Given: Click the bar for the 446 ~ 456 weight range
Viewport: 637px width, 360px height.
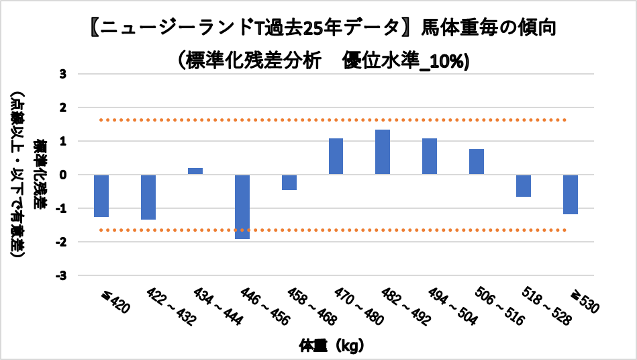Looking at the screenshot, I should (242, 207).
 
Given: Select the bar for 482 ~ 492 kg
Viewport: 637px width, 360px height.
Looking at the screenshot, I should (383, 152).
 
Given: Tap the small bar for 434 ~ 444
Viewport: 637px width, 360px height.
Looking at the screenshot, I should (195, 171).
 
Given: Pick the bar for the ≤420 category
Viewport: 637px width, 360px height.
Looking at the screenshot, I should (101, 195).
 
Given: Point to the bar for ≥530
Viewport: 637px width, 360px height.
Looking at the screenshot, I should (571, 194).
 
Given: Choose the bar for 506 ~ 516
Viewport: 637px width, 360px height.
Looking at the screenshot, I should (477, 162).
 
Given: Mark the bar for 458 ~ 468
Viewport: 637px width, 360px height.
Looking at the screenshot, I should (289, 182).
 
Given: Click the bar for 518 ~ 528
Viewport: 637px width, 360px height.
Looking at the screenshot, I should (524, 185).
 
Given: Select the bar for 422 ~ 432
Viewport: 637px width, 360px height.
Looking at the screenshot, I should (148, 197).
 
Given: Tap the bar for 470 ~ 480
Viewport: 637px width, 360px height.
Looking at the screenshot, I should (336, 156).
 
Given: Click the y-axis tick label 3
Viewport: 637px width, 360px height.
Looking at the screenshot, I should (62, 74).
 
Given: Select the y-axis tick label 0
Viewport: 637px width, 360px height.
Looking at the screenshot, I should (62, 175).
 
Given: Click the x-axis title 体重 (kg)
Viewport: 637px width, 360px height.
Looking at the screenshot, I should (332, 347).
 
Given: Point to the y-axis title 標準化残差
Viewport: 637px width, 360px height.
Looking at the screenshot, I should (41, 175).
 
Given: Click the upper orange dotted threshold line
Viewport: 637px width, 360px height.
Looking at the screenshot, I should (336, 120).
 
